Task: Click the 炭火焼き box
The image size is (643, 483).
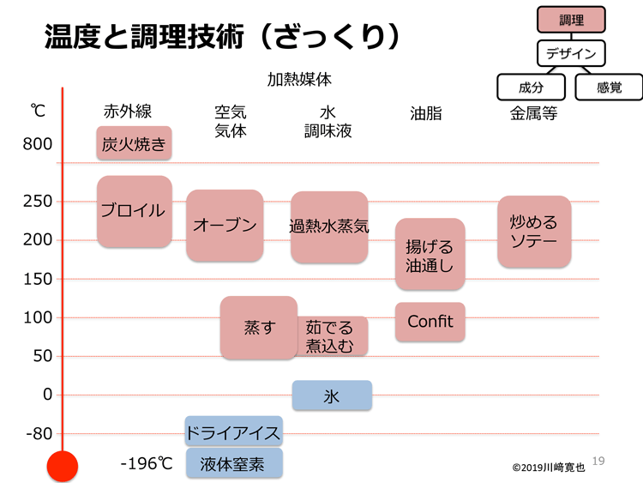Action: [x=134, y=142]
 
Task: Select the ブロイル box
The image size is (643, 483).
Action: [x=135, y=211]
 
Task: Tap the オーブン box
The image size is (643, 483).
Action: [x=225, y=226]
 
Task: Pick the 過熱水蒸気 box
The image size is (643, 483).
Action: [x=329, y=227]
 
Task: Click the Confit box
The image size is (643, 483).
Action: [x=430, y=322]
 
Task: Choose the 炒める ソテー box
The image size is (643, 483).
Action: [x=534, y=232]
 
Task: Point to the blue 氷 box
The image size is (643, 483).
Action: [x=332, y=395]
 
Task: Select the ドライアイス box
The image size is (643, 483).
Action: [x=234, y=431]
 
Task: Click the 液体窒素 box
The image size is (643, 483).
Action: [x=234, y=463]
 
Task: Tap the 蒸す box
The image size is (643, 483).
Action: [x=259, y=328]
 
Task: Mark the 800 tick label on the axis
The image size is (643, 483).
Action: [x=38, y=144]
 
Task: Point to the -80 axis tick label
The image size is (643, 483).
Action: [x=39, y=433]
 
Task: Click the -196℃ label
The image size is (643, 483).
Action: [x=147, y=464]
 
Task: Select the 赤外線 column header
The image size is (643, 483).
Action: [x=128, y=112]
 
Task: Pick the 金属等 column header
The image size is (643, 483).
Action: [x=533, y=113]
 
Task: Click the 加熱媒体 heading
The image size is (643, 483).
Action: [x=299, y=79]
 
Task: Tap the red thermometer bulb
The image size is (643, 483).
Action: [x=63, y=466]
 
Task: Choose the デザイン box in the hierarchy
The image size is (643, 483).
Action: [x=571, y=53]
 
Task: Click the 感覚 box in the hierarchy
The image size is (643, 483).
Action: [x=609, y=87]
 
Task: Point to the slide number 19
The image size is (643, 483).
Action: [x=598, y=461]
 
